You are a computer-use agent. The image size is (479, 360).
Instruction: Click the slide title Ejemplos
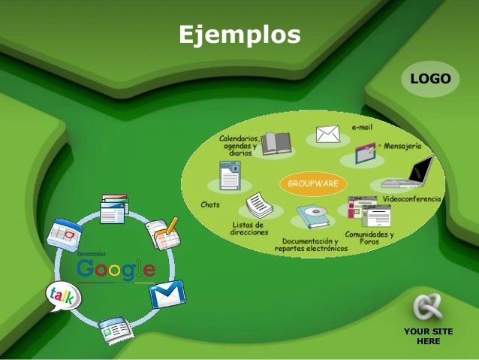[239, 35]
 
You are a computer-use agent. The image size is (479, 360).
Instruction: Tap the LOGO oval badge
[430, 79]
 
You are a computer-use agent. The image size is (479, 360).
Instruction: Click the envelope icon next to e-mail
[328, 134]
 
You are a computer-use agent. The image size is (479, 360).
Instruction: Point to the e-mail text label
[362, 127]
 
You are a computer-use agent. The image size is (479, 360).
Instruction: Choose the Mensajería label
[402, 145]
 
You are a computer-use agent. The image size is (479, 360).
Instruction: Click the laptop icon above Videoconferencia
[409, 174]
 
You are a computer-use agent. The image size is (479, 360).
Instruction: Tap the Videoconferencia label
[412, 199]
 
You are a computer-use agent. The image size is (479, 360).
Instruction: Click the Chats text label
[210, 204]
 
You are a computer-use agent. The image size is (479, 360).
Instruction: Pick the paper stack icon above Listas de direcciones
[258, 204]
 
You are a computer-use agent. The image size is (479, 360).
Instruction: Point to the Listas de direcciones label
[249, 228]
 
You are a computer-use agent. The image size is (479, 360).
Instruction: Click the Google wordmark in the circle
[116, 269]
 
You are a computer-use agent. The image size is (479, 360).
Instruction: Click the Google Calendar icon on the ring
[62, 234]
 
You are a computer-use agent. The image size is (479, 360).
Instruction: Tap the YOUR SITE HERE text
[428, 336]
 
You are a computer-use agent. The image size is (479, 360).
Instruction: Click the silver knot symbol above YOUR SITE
[428, 307]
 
